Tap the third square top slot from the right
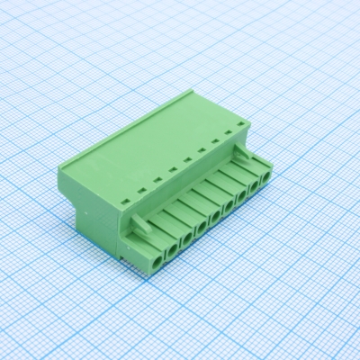202,150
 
